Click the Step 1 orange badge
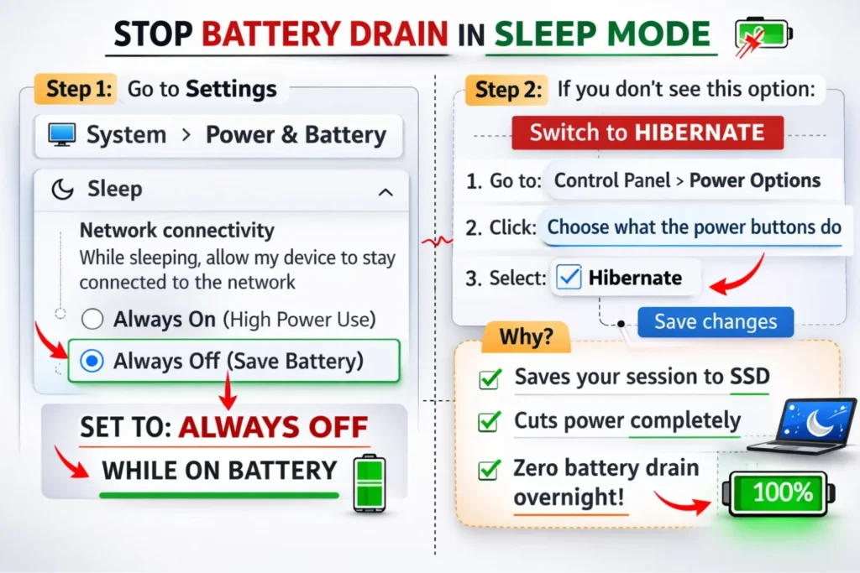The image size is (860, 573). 78,90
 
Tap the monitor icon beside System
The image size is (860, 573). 62,134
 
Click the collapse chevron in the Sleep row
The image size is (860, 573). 385,192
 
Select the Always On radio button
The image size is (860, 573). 93,319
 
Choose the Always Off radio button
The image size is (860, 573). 93,362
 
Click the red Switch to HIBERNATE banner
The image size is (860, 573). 647,133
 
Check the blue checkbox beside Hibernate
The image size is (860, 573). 569,278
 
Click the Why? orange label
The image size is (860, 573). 526,337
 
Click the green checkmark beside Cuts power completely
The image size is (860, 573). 489,422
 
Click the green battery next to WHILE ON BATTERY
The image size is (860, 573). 367,482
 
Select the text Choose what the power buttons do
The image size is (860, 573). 694,227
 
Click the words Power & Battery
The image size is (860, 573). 296,134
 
